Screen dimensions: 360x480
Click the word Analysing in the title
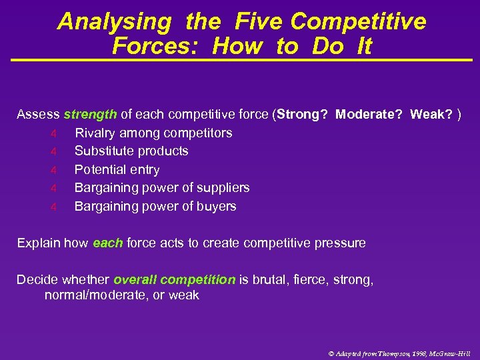[x=115, y=21]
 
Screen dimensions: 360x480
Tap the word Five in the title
[x=259, y=21]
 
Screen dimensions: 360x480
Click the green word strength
[x=91, y=114]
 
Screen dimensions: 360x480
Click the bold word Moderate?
[x=369, y=114]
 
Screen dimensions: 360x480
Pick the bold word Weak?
[x=431, y=114]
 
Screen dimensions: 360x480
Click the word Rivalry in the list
[x=96, y=133]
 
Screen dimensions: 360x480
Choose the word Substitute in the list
[x=103, y=151]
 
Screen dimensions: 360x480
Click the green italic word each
[x=107, y=243]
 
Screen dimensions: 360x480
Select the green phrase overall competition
[x=174, y=280]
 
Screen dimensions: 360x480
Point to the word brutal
[x=267, y=280]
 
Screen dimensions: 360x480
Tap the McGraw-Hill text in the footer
[x=449, y=352]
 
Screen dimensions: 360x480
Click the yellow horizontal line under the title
[x=240, y=61]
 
